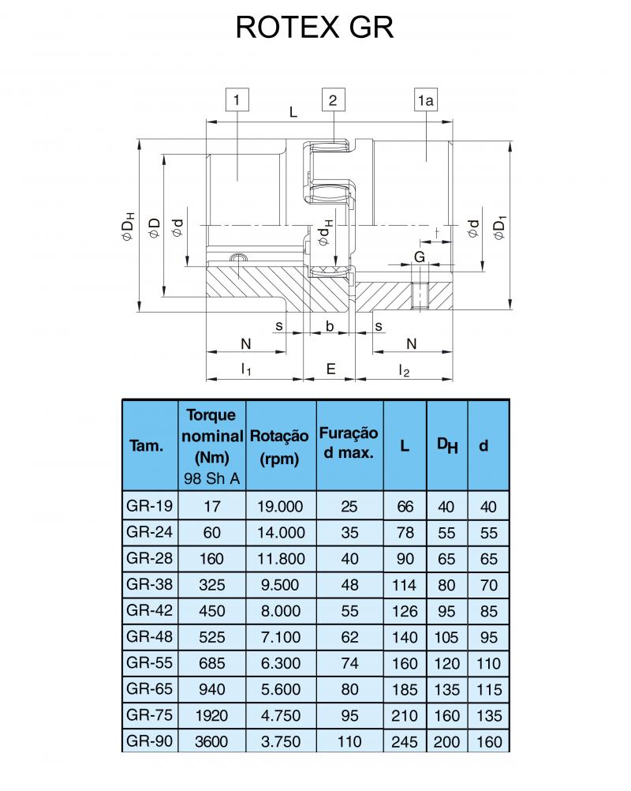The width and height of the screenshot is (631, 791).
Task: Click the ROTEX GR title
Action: [315, 28]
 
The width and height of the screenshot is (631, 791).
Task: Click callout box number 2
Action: [333, 100]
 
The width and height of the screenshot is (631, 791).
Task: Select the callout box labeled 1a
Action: [425, 100]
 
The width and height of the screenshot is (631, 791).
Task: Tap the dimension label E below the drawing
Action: [330, 369]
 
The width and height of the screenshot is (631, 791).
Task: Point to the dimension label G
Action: [420, 257]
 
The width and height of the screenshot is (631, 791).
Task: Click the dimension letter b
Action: [330, 326]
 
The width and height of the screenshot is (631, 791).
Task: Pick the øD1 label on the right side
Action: [499, 228]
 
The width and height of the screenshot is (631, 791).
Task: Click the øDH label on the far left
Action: [128, 227]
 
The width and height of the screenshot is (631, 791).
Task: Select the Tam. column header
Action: [146, 445]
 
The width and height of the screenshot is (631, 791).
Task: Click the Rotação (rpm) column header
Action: [279, 447]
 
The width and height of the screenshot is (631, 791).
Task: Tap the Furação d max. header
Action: [349, 442]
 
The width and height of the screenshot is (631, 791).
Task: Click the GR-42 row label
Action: [150, 610]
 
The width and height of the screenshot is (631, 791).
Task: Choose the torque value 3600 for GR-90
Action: [211, 741]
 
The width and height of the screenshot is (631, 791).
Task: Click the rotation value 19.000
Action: [280, 507]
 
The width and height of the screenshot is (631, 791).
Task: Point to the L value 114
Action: [405, 585]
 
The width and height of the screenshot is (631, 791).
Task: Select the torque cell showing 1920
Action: [211, 715]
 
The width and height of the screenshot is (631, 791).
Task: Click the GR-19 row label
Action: [150, 505]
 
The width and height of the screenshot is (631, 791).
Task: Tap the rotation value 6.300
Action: [280, 663]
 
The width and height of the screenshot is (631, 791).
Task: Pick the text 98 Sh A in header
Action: [211, 478]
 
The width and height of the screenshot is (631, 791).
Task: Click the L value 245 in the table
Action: [405, 742]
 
